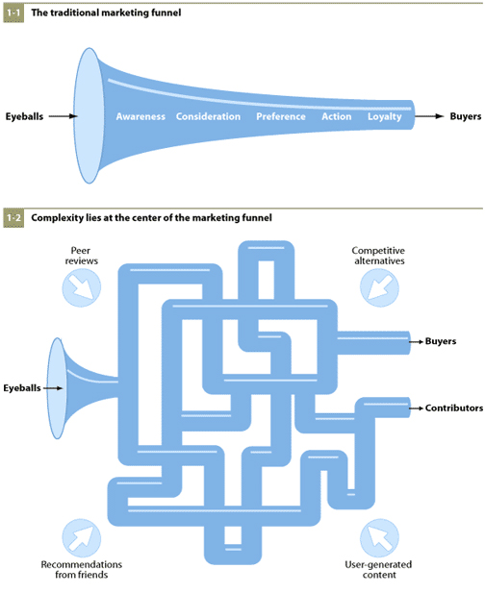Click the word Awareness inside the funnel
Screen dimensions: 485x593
[x=140, y=116]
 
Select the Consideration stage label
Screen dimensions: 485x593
[x=208, y=116]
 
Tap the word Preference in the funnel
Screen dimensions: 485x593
[x=281, y=116]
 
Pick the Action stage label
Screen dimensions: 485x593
[x=337, y=116]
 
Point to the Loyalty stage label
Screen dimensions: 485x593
[x=385, y=117]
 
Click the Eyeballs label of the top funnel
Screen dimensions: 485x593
[x=24, y=116]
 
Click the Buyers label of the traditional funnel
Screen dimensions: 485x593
[x=466, y=116]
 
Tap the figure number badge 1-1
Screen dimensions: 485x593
[x=13, y=12]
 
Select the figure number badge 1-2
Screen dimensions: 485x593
[x=13, y=218]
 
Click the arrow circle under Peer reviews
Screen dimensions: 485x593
[x=82, y=287]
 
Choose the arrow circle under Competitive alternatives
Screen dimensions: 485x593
[x=379, y=287]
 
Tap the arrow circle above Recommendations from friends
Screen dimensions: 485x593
[x=82, y=538]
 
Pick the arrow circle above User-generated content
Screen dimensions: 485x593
[x=379, y=538]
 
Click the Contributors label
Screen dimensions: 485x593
[x=454, y=408]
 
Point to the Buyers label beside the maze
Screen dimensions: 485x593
[x=441, y=341]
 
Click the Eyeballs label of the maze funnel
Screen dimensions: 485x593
[x=22, y=388]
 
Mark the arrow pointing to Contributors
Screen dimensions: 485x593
[x=417, y=408]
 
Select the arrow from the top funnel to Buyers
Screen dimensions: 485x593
[x=429, y=116]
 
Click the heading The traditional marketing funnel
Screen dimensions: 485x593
[x=106, y=12]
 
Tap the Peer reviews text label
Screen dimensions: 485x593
[x=82, y=256]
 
